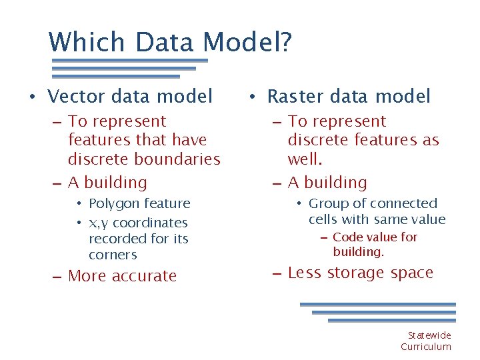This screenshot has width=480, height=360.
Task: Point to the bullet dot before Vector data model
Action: tap(31, 97)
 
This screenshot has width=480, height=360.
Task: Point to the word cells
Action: tap(323, 219)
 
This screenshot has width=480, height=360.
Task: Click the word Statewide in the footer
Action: tap(429, 335)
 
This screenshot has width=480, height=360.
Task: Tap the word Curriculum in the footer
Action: tap(426, 347)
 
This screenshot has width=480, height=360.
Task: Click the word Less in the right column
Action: tap(303, 273)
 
